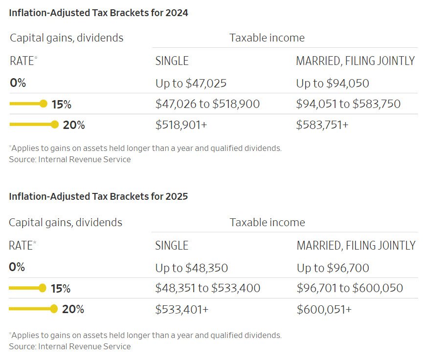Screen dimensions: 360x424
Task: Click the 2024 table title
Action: click(x=98, y=13)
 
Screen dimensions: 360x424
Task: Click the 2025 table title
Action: click(x=98, y=196)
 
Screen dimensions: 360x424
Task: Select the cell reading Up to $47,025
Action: click(x=191, y=83)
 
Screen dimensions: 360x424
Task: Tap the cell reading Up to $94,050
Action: click(x=333, y=83)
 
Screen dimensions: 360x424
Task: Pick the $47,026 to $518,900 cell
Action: click(x=207, y=104)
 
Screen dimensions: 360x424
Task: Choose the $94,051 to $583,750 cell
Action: click(x=348, y=104)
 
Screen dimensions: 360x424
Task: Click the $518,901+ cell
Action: click(x=181, y=125)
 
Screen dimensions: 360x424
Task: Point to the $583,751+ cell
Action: click(x=322, y=125)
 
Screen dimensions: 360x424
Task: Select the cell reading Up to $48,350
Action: click(x=192, y=268)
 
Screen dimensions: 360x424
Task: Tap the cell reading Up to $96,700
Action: click(x=333, y=268)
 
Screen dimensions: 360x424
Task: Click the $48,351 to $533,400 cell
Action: click(x=208, y=288)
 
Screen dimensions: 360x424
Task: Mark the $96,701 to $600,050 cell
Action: click(x=350, y=288)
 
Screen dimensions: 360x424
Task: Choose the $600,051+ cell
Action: click(x=324, y=309)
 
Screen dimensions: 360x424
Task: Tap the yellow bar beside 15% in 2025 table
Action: click(x=27, y=288)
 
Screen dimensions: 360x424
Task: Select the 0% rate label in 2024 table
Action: click(x=18, y=83)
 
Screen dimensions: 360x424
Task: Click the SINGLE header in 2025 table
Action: click(x=172, y=245)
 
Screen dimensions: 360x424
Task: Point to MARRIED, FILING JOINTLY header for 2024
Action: click(x=356, y=61)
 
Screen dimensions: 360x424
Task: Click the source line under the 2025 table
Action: click(x=70, y=346)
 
